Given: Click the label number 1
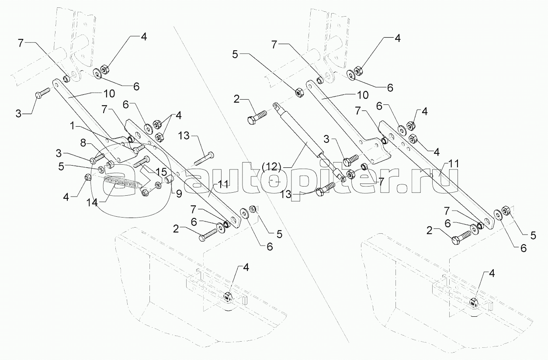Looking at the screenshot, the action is [x=72, y=126].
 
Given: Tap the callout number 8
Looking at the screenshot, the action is [x=83, y=143].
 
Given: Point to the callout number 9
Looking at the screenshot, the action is [x=179, y=194].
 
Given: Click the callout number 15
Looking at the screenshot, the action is [x=161, y=172].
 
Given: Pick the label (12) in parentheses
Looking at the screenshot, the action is [x=273, y=167].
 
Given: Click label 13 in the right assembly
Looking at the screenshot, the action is [x=285, y=194].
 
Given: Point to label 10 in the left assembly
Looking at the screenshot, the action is [x=109, y=93].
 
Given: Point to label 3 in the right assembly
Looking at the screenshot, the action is [x=326, y=139].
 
